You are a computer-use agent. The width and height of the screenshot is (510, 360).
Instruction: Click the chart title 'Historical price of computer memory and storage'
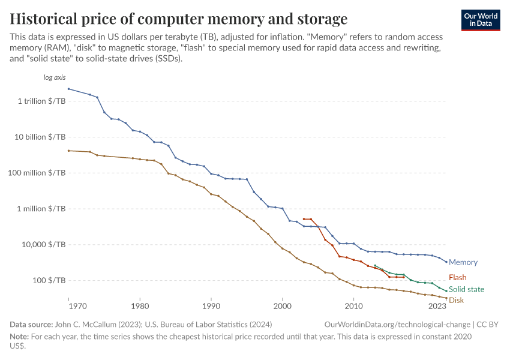(179, 18)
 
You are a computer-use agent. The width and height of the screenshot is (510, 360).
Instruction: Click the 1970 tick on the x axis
(68, 306)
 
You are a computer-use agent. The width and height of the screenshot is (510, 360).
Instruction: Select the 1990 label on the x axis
(211, 306)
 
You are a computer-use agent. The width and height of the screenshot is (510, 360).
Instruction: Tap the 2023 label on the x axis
(437, 306)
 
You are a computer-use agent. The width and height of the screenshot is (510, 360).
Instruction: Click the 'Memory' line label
(463, 262)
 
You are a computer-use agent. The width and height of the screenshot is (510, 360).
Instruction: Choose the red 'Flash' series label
(457, 278)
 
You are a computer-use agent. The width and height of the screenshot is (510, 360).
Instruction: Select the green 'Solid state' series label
(466, 289)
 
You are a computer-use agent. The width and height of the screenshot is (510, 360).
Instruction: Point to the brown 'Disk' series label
(456, 300)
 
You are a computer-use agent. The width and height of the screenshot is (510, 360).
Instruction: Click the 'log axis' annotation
(55, 78)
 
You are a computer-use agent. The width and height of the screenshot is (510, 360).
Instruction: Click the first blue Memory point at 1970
(68, 89)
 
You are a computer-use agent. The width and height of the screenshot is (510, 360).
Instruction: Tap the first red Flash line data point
(304, 219)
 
